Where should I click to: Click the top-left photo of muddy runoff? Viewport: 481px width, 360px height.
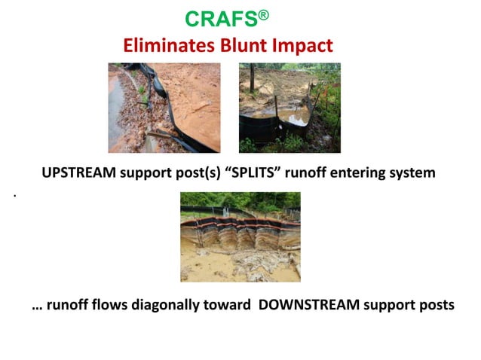(x=164, y=108)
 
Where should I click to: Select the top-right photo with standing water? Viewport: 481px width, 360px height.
(x=290, y=108)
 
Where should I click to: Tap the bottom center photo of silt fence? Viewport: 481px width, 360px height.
(x=240, y=236)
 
